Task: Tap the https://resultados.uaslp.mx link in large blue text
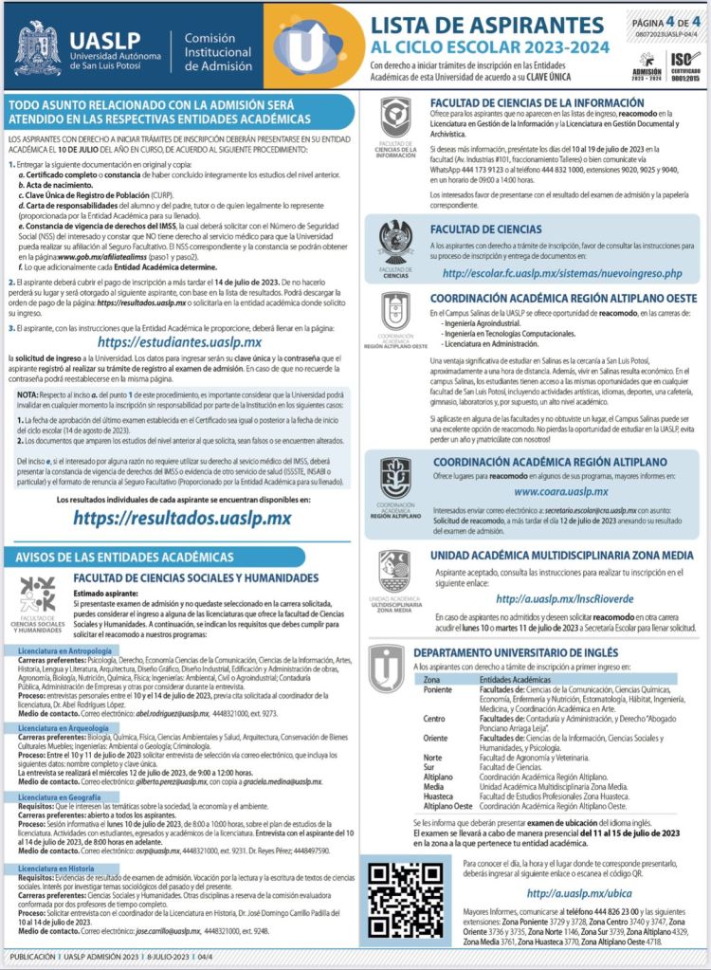pos(181,518)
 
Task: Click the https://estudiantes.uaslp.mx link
pos(180,342)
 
